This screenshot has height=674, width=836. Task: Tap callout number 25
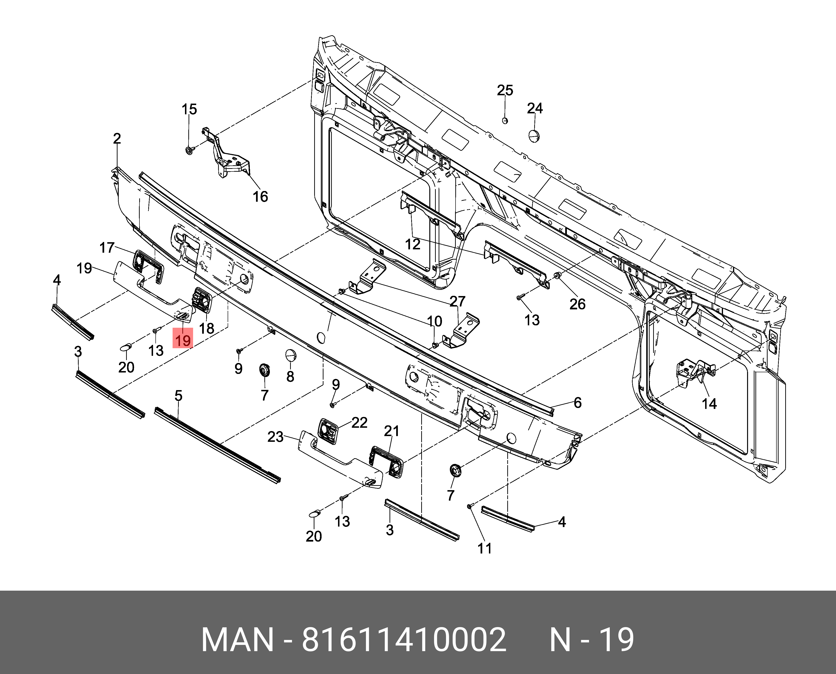tap(505, 91)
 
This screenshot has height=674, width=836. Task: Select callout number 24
tap(535, 108)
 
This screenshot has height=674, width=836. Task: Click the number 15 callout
tap(189, 110)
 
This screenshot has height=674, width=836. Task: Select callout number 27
tap(457, 301)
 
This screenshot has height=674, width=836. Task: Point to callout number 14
tap(709, 404)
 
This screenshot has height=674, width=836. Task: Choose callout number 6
tap(578, 403)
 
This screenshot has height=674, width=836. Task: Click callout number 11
tap(485, 548)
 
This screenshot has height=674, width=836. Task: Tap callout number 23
tap(275, 437)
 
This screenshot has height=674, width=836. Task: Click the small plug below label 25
tap(505, 121)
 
